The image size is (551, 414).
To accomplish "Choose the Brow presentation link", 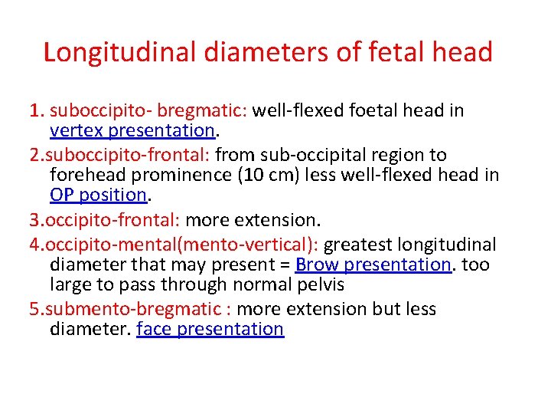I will [x=373, y=264].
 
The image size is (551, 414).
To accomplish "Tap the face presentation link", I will [x=210, y=329].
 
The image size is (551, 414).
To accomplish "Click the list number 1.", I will [x=36, y=110].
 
